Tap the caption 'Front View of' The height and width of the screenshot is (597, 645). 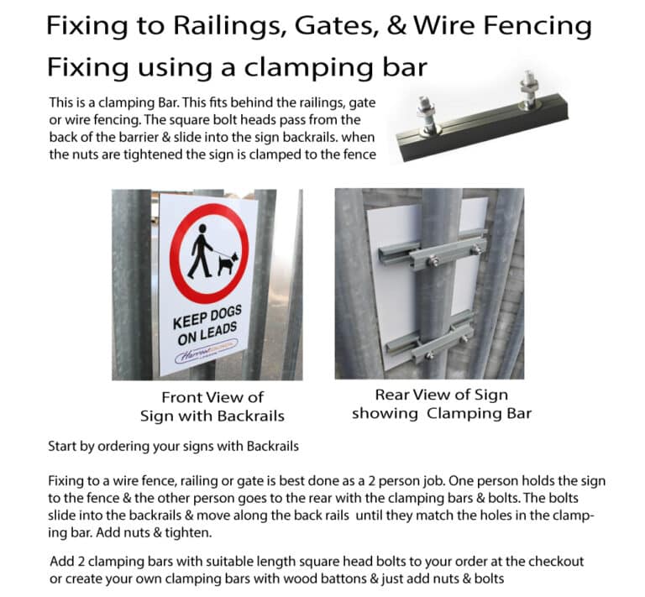point(212,397)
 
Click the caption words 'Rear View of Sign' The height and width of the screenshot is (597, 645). point(441,395)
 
